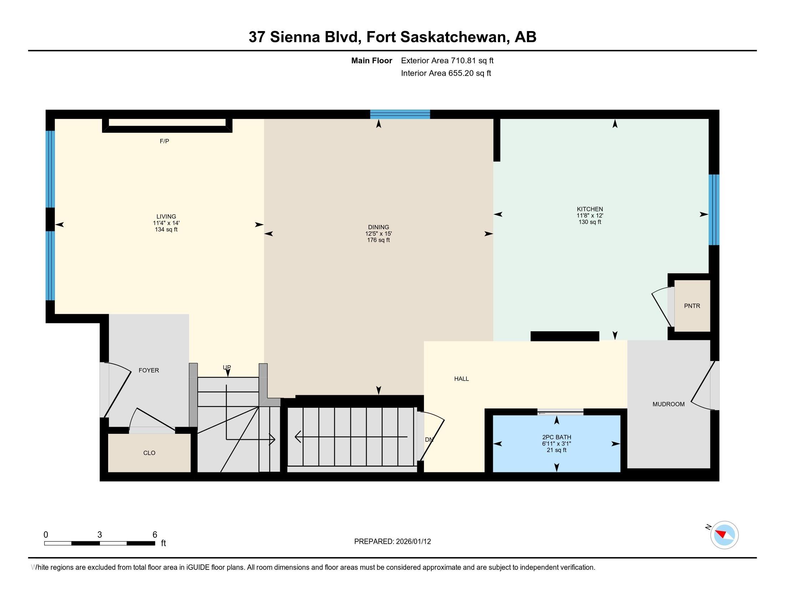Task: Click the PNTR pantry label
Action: click(692, 306)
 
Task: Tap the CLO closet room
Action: click(149, 453)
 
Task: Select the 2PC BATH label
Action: click(556, 437)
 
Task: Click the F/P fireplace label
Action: click(164, 141)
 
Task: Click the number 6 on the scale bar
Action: click(155, 535)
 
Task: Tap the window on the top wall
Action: click(400, 114)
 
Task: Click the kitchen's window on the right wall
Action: click(714, 210)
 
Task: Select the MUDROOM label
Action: click(668, 404)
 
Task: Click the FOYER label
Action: click(149, 370)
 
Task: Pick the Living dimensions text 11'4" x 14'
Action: click(166, 223)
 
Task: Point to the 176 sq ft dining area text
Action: click(378, 240)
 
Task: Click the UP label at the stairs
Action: click(227, 367)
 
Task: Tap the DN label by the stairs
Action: click(429, 440)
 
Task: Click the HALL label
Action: click(461, 378)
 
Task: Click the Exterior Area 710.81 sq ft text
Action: click(447, 60)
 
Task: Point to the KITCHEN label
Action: click(589, 209)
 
